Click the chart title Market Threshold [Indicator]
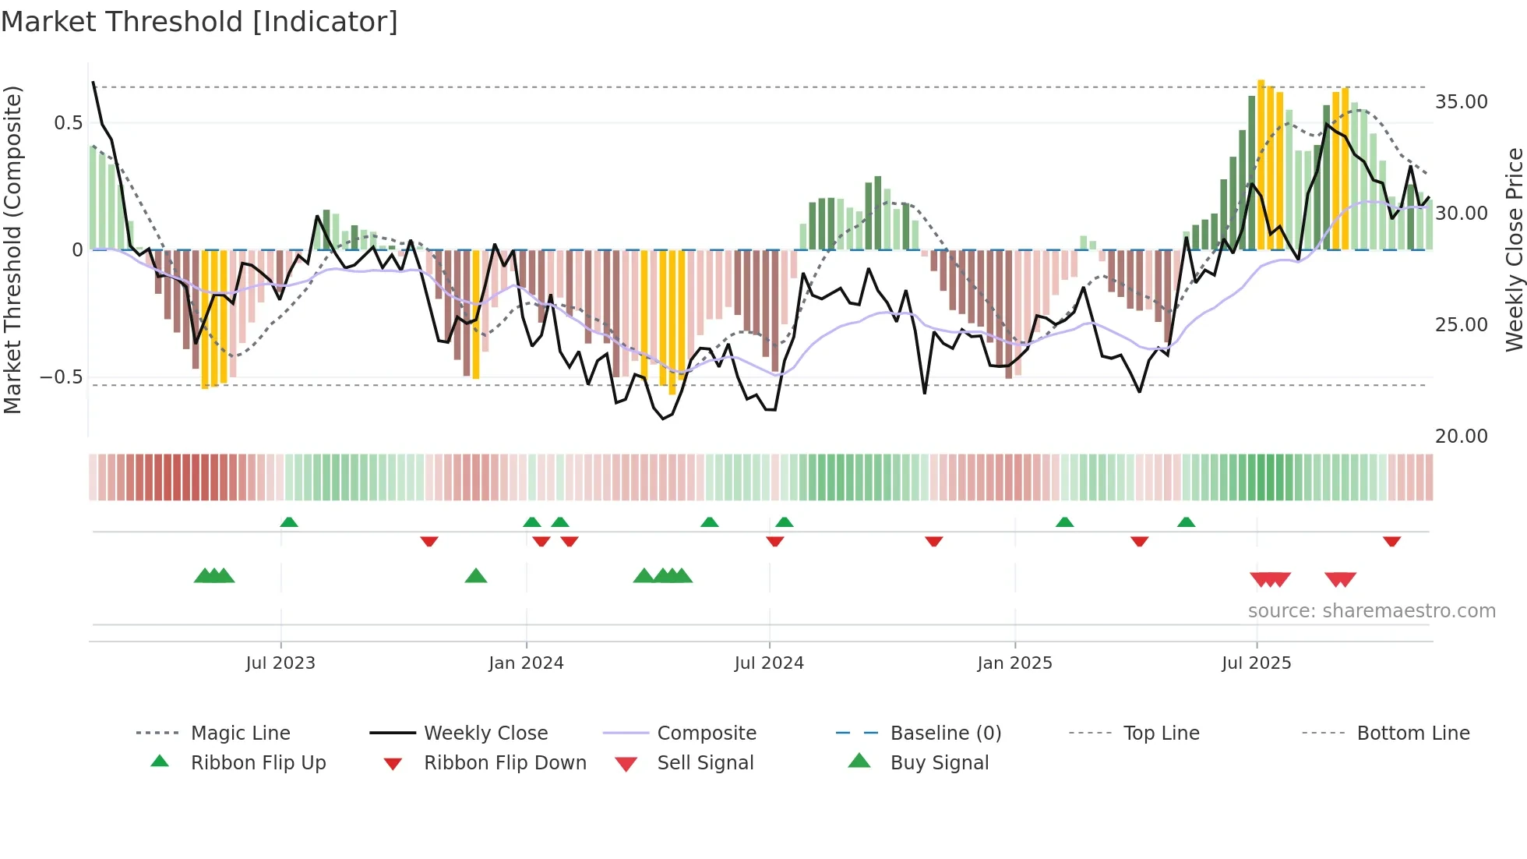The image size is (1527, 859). (199, 22)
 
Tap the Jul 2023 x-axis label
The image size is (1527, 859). (280, 663)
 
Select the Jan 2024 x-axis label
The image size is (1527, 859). (526, 663)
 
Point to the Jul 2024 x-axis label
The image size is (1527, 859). (769, 663)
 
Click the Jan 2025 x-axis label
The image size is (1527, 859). (1014, 663)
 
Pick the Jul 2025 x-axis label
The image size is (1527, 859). (1256, 663)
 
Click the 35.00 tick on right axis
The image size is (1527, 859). (1461, 102)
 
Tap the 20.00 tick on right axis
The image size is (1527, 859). (1461, 437)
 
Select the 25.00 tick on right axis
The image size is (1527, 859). (1461, 325)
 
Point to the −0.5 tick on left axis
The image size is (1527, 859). (61, 377)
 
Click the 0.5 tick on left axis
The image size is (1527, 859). (68, 123)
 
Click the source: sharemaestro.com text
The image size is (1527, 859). (1371, 611)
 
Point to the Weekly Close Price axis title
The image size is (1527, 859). (1514, 249)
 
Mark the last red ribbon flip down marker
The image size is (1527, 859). (1391, 542)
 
